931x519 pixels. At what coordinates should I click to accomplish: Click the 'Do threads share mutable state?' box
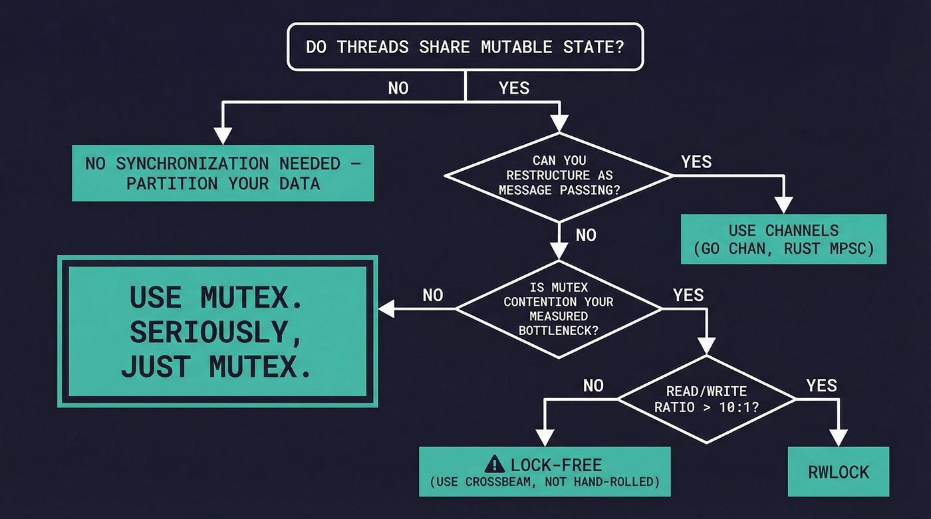(465, 47)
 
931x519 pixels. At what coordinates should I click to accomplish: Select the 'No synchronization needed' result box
(223, 173)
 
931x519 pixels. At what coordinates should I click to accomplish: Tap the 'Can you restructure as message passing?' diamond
(559, 175)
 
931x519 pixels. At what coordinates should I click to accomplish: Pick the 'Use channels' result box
(783, 239)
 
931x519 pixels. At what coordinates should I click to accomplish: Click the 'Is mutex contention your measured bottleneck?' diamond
(559, 308)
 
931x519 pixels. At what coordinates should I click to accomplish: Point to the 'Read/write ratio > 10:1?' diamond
(706, 399)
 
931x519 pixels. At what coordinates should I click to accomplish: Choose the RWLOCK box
(838, 472)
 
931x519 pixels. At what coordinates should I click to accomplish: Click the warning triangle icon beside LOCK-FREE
(494, 464)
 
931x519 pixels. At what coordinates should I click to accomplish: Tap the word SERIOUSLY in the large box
(216, 332)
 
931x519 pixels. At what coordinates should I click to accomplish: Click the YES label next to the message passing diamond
(696, 161)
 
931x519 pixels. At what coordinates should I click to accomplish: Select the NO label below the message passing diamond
(586, 235)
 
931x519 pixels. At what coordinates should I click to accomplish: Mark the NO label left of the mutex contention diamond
(432, 295)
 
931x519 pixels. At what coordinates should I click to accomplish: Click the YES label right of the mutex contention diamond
(688, 295)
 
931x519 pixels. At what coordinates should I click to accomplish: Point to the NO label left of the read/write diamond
(593, 386)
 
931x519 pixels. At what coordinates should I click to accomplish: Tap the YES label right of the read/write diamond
(821, 386)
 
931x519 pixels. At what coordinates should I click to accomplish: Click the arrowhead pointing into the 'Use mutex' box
(386, 308)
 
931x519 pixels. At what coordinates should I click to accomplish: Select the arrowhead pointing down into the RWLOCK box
(838, 438)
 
